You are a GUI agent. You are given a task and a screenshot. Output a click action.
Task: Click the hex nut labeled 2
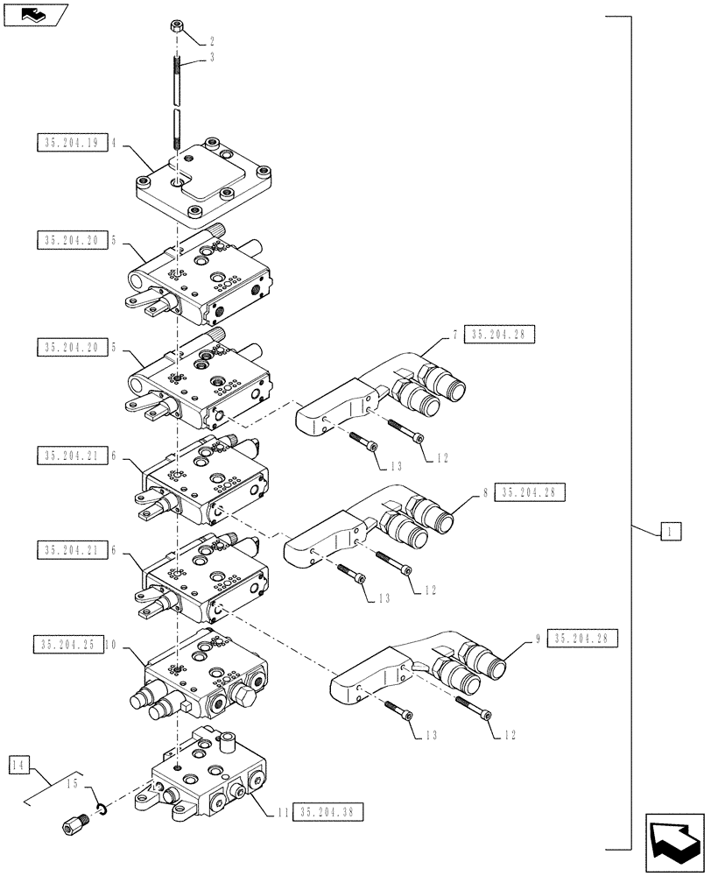tap(175, 30)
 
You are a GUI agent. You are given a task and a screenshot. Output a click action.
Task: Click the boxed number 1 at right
tap(668, 531)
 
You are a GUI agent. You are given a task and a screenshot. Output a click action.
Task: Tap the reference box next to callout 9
tap(583, 639)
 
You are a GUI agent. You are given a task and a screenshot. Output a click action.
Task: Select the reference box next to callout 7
tap(502, 334)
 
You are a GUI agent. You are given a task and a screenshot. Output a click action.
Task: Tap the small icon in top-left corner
tap(33, 13)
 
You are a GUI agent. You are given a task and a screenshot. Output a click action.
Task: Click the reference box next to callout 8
tap(530, 492)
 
